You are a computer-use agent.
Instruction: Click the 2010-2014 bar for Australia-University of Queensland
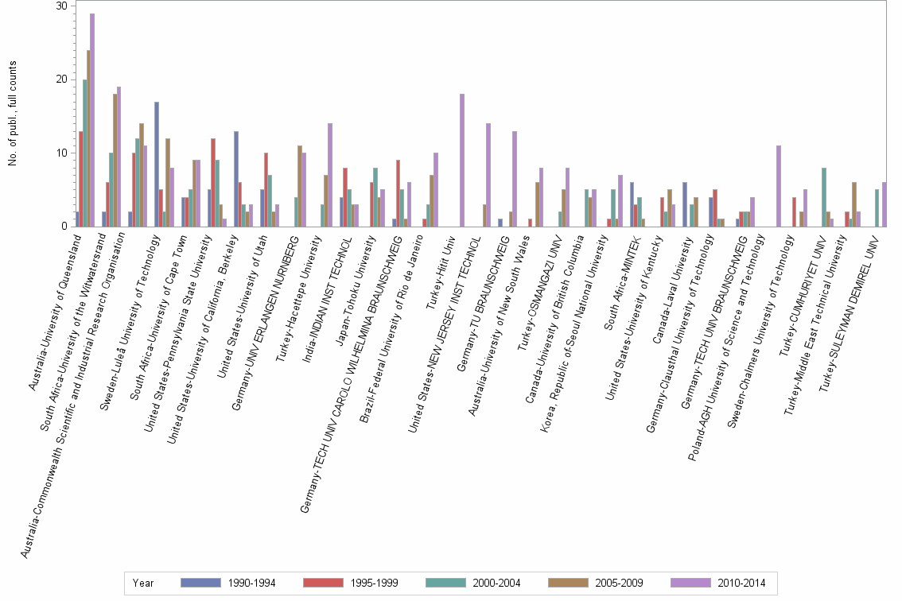coord(92,120)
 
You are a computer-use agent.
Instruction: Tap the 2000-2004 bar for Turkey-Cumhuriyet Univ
coord(824,197)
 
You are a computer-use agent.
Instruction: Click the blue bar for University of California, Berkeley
coord(236,179)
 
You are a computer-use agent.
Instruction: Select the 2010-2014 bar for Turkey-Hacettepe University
coord(330,175)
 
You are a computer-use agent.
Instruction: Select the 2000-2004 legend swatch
coord(448,583)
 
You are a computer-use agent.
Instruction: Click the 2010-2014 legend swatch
coord(693,583)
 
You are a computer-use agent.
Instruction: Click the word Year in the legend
coord(144,583)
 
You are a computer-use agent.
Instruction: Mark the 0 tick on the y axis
coord(64,227)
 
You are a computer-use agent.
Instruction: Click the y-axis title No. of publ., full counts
coord(14,116)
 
